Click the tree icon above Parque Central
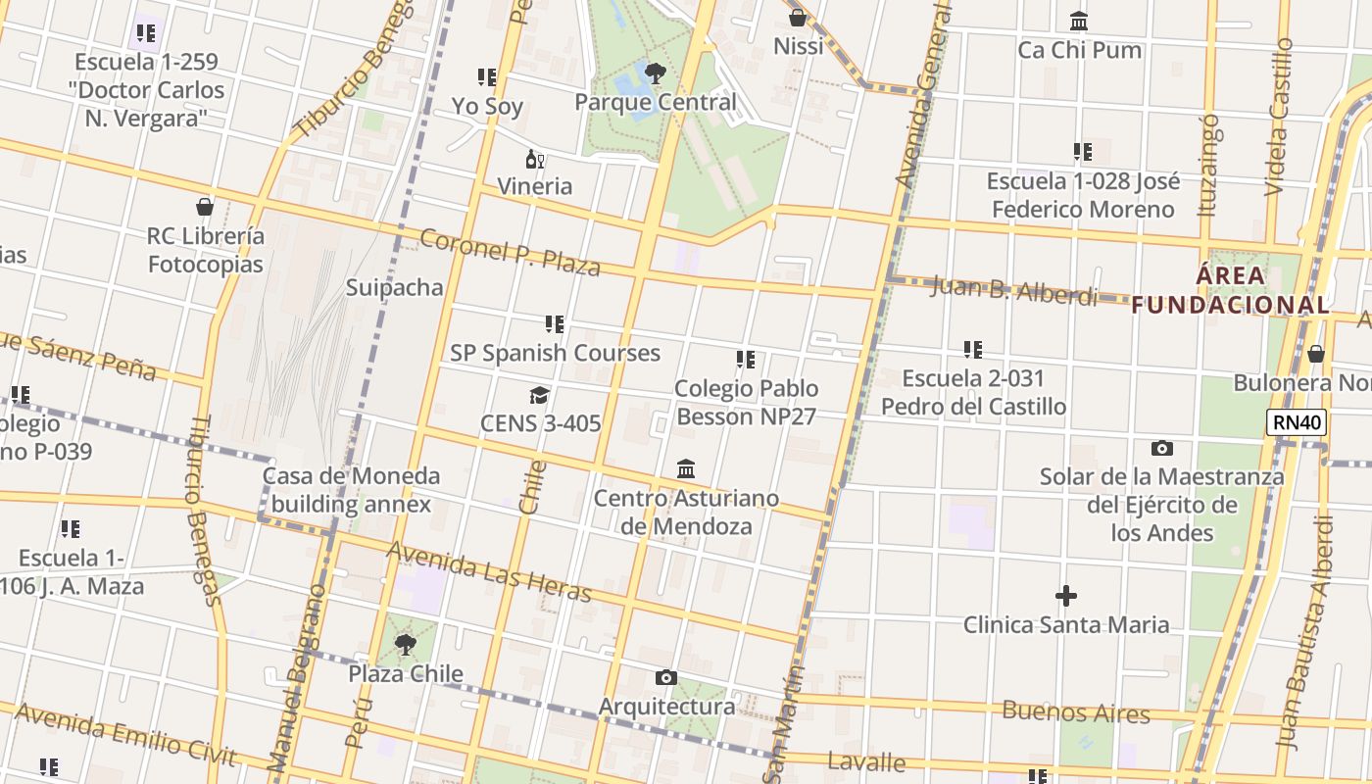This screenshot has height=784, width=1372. [655, 73]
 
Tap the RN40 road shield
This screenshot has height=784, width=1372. [1297, 423]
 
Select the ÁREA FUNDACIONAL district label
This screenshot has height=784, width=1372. [1231, 290]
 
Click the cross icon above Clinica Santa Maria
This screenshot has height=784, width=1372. [1065, 596]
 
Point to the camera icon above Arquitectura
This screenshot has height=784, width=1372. [666, 677]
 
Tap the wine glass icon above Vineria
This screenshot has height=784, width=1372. [534, 160]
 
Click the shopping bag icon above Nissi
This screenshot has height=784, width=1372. [798, 18]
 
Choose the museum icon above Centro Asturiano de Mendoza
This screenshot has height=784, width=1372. [686, 469]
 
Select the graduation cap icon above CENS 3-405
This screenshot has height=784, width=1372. [539, 395]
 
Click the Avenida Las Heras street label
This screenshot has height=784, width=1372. [489, 571]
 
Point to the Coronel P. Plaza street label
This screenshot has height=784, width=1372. [510, 252]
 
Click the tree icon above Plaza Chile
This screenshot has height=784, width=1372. [405, 645]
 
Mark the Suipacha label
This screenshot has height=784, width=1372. [394, 287]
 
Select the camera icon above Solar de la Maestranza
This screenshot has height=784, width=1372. [1161, 449]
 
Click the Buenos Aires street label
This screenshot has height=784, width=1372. [1075, 712]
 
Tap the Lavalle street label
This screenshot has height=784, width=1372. [866, 761]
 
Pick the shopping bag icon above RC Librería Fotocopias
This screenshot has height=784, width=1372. [205, 207]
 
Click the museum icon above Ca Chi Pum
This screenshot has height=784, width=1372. [1079, 21]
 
